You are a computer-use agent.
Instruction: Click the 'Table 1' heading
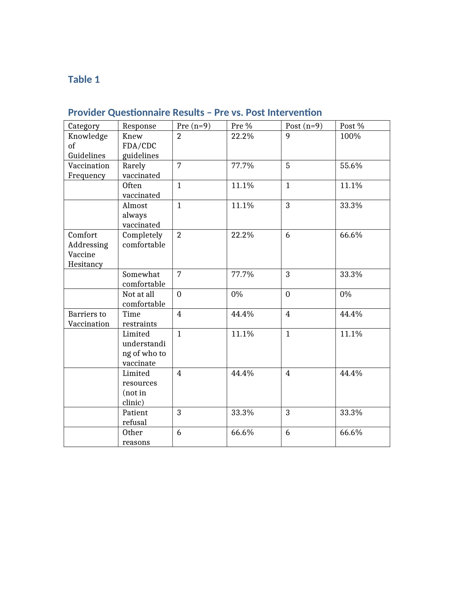click(84, 79)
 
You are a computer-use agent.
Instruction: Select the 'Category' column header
click(84, 126)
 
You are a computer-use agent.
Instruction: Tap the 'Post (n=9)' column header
click(304, 126)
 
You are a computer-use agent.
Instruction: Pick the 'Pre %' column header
click(241, 126)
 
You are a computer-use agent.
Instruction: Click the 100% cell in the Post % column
click(350, 136)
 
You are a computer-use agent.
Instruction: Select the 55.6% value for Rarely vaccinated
click(351, 166)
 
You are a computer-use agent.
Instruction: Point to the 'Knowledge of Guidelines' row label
click(88, 146)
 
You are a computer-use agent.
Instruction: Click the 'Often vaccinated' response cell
click(141, 190)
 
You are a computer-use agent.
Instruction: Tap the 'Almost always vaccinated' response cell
click(141, 215)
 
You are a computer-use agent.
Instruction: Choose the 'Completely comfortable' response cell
click(143, 240)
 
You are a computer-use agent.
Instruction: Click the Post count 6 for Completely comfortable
click(288, 235)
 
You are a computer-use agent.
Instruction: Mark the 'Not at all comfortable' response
click(143, 299)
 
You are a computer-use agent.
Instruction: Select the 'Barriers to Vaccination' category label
click(88, 319)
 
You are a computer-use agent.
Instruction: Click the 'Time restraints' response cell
click(139, 319)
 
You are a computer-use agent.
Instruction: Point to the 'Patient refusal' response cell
click(135, 417)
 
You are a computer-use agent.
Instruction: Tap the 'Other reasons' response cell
click(136, 437)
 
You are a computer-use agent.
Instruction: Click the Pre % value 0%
click(237, 294)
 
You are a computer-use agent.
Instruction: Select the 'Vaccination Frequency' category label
click(88, 170)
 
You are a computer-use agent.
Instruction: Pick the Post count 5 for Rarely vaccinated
click(288, 166)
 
